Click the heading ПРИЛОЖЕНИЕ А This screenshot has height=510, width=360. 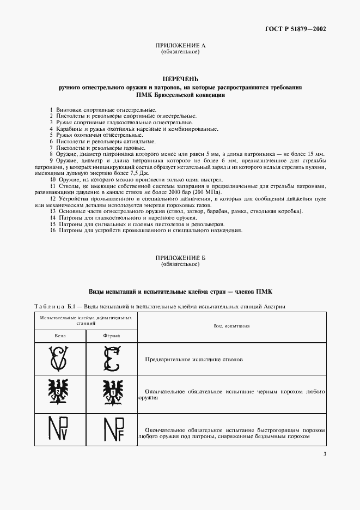(180, 46)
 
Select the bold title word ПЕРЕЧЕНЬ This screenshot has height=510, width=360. (180, 79)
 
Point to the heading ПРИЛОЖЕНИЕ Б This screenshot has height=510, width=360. (180, 258)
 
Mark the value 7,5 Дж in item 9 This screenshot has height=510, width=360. (133, 173)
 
